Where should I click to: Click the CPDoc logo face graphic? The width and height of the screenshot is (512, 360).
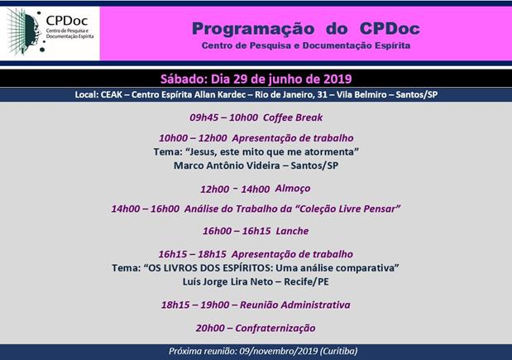(26, 31)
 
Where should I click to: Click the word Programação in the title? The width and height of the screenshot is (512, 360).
(253, 29)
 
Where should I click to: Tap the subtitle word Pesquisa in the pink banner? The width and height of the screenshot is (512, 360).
(270, 46)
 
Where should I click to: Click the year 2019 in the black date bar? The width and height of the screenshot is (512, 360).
(337, 79)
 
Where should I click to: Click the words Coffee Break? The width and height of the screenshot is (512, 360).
(293, 118)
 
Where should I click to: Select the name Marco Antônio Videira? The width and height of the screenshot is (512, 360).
(227, 166)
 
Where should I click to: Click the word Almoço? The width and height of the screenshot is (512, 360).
(293, 189)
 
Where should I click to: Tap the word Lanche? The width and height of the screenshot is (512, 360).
(292, 231)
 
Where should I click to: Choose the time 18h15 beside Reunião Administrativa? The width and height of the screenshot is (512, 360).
(175, 305)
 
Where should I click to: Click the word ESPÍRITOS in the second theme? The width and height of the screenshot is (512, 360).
(248, 268)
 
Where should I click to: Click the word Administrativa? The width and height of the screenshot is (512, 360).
(315, 305)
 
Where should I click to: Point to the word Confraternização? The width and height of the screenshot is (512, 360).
(275, 328)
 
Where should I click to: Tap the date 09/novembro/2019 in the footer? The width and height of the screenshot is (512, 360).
(279, 351)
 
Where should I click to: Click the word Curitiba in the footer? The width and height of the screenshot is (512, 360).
(338, 351)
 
